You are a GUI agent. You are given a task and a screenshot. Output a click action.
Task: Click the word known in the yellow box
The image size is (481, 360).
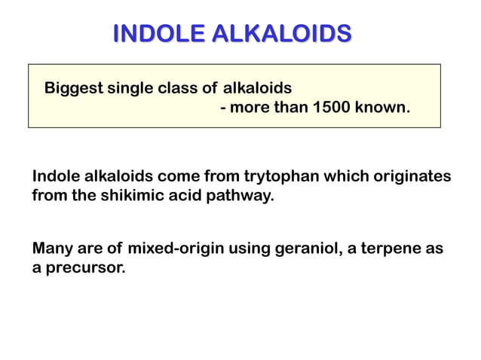tap(381, 107)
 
